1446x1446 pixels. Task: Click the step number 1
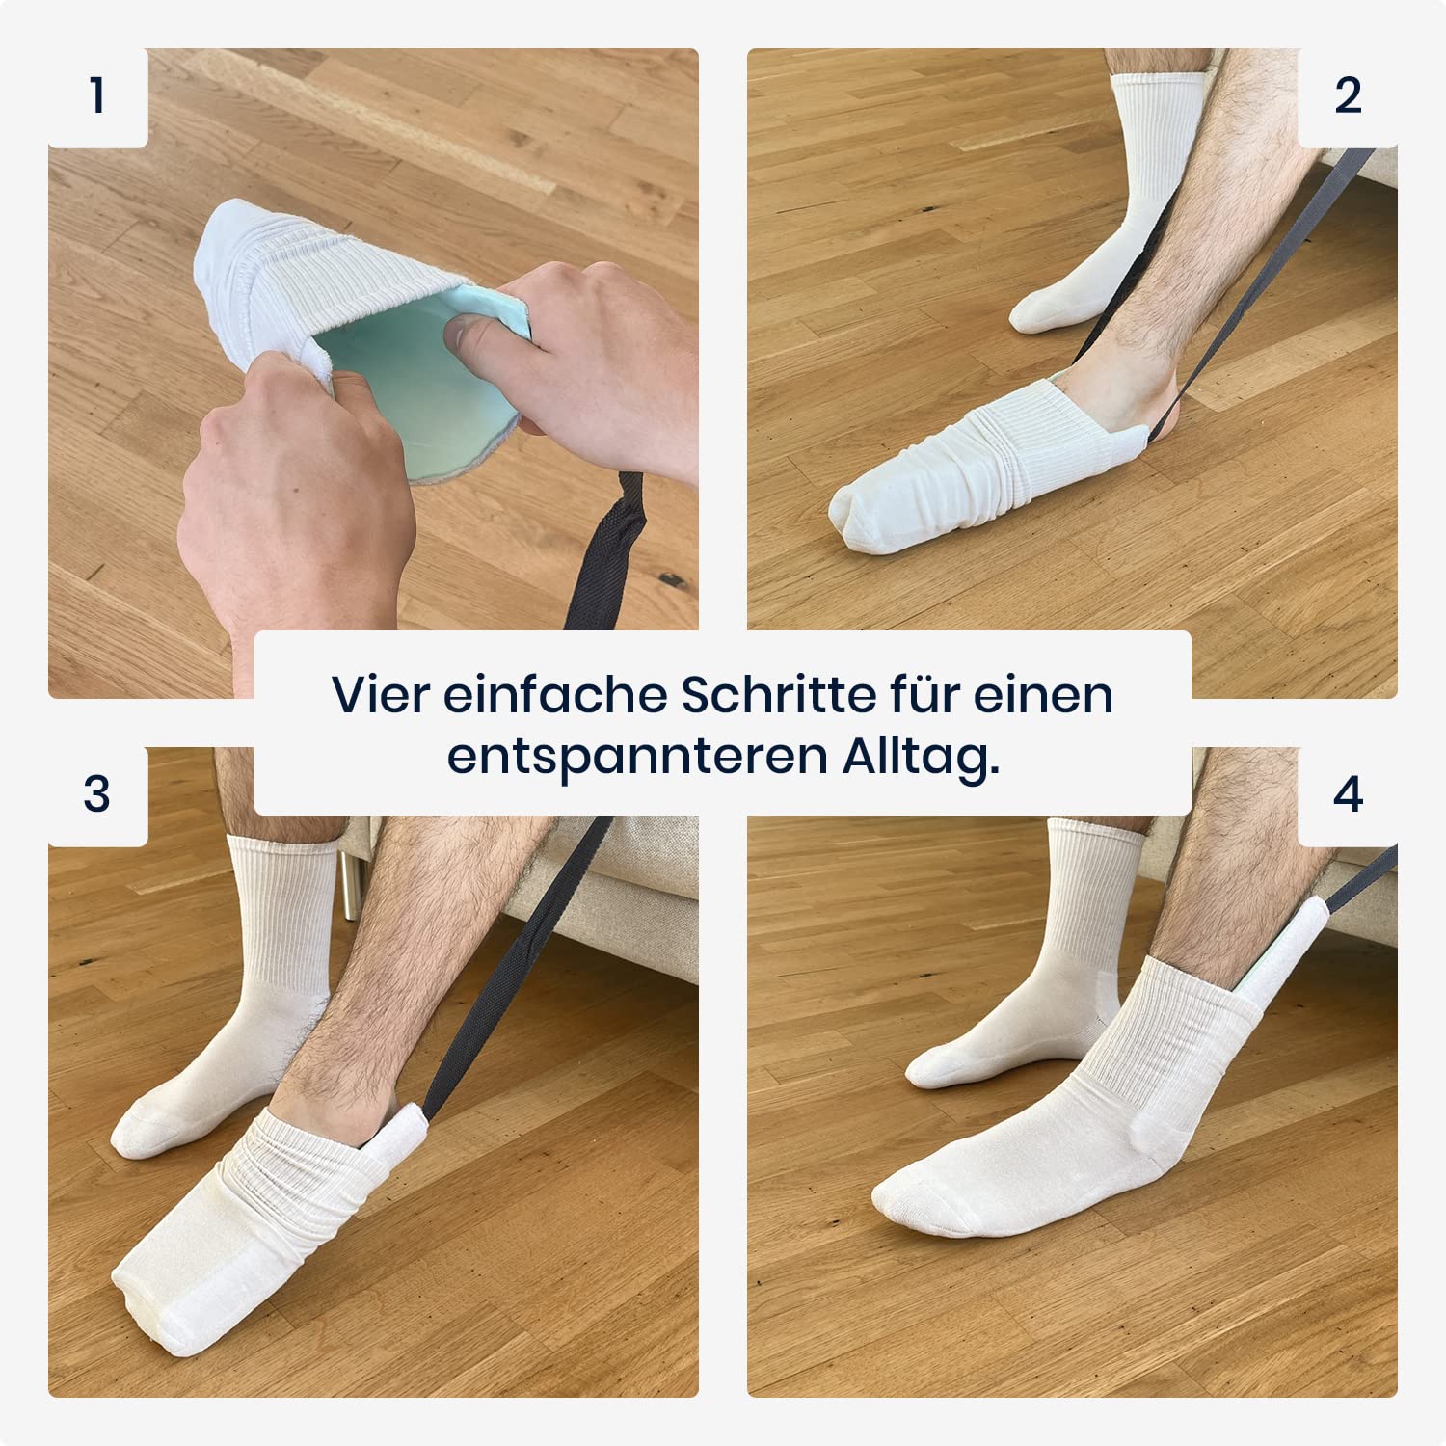pos(96,95)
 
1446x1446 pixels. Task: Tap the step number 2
pos(1348,95)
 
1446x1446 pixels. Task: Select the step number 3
pos(96,793)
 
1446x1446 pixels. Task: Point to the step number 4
pos(1348,794)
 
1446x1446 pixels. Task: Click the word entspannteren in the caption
pos(637,759)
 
